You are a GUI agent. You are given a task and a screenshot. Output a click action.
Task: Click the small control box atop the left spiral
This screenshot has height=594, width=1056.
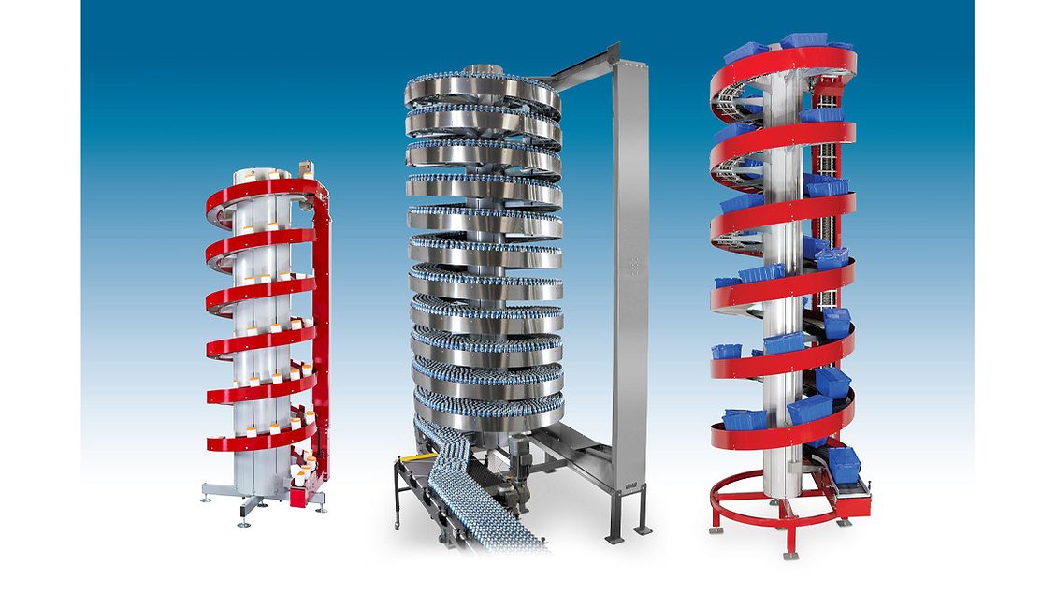coord(304,169)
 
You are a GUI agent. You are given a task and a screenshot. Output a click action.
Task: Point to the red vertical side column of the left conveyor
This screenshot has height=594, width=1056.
coord(322,327)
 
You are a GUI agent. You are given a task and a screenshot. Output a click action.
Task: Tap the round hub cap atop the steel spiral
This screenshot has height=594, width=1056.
coord(483,71)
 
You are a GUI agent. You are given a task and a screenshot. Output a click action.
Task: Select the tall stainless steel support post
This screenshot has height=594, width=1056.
coord(629,281)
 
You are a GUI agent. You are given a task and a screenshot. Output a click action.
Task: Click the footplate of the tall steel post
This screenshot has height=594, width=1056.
coord(618,539)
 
